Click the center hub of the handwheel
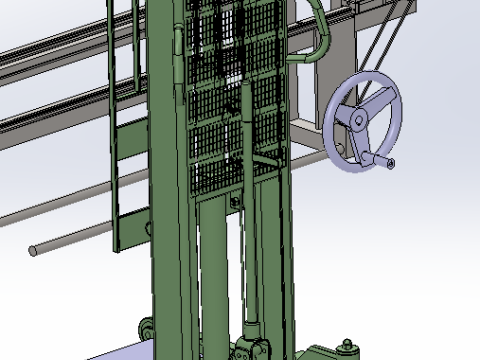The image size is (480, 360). (x=356, y=121)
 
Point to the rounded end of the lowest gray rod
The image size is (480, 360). (x=33, y=249)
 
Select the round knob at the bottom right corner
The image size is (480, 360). (x=347, y=348)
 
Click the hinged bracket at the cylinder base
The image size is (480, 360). (x=251, y=350)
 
